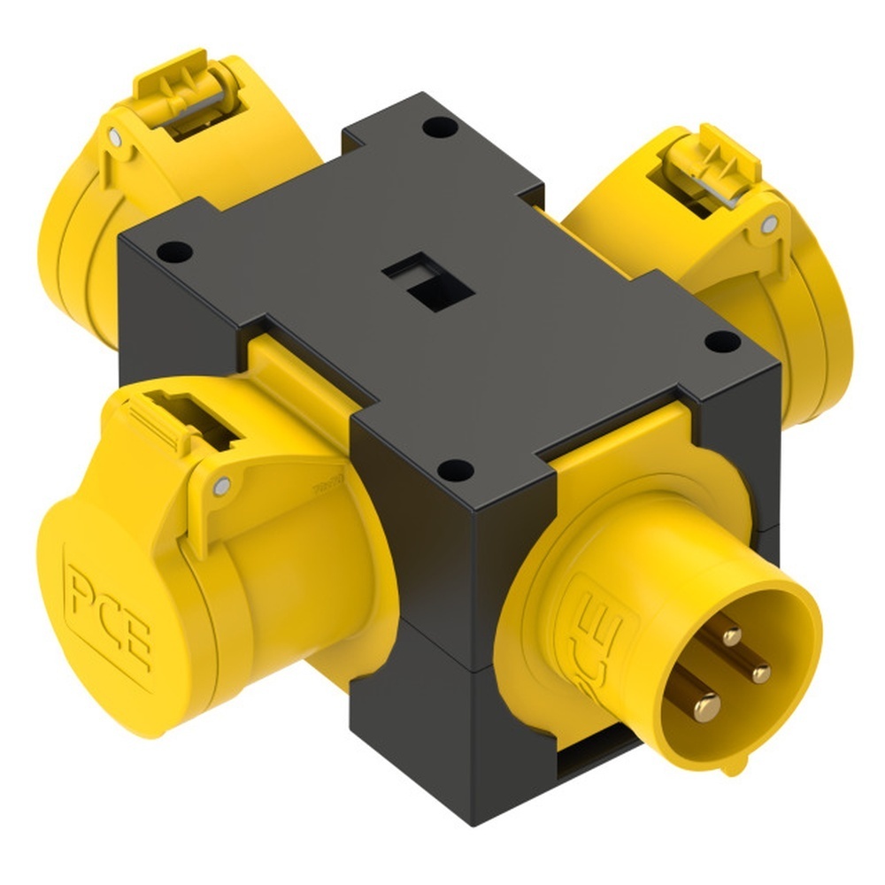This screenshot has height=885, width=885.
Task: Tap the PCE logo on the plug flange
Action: coord(595,633)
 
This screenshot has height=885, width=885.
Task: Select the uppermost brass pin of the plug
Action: coord(731,635)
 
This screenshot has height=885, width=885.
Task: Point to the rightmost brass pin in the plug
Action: coord(759,673)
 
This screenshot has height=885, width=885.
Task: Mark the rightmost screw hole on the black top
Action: coord(722,341)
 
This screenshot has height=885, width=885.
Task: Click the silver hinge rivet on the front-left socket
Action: coord(221,485)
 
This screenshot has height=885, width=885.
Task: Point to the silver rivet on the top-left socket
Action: coord(114,137)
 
